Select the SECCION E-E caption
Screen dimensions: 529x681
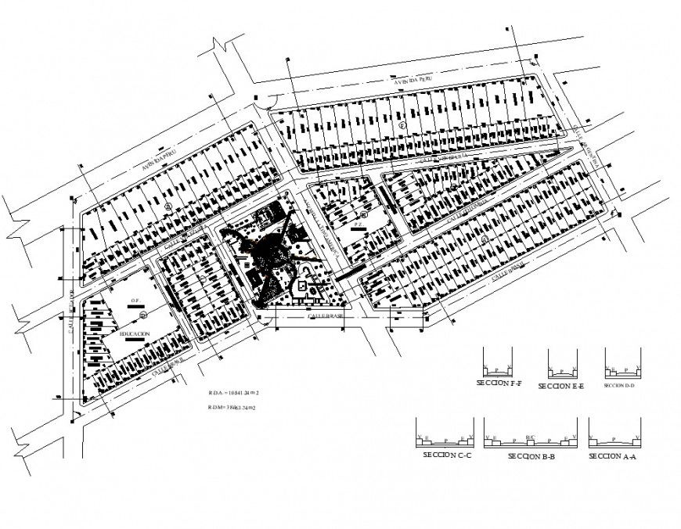point(562,386)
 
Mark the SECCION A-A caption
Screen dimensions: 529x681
point(613,455)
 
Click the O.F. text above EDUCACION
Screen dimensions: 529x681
point(135,299)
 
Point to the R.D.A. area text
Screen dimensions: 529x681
point(233,393)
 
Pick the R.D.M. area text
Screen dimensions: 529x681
point(233,408)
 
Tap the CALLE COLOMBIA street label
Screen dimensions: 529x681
point(468,207)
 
